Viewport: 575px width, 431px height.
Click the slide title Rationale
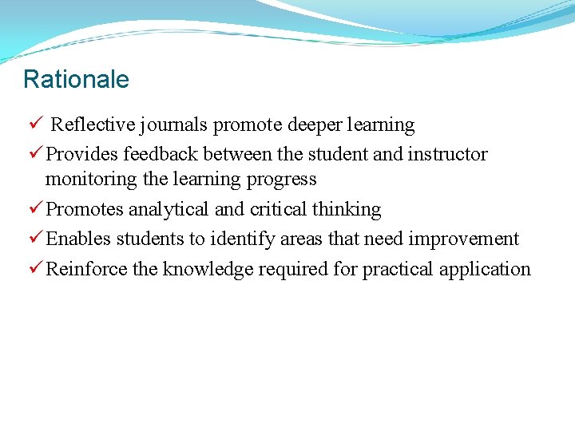pos(76,79)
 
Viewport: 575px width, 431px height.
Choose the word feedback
pos(163,154)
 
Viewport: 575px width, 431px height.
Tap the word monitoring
pos(91,180)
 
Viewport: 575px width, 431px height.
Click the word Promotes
pos(85,209)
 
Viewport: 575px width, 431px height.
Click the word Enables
pos(78,239)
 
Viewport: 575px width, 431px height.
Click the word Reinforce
pos(86,269)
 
